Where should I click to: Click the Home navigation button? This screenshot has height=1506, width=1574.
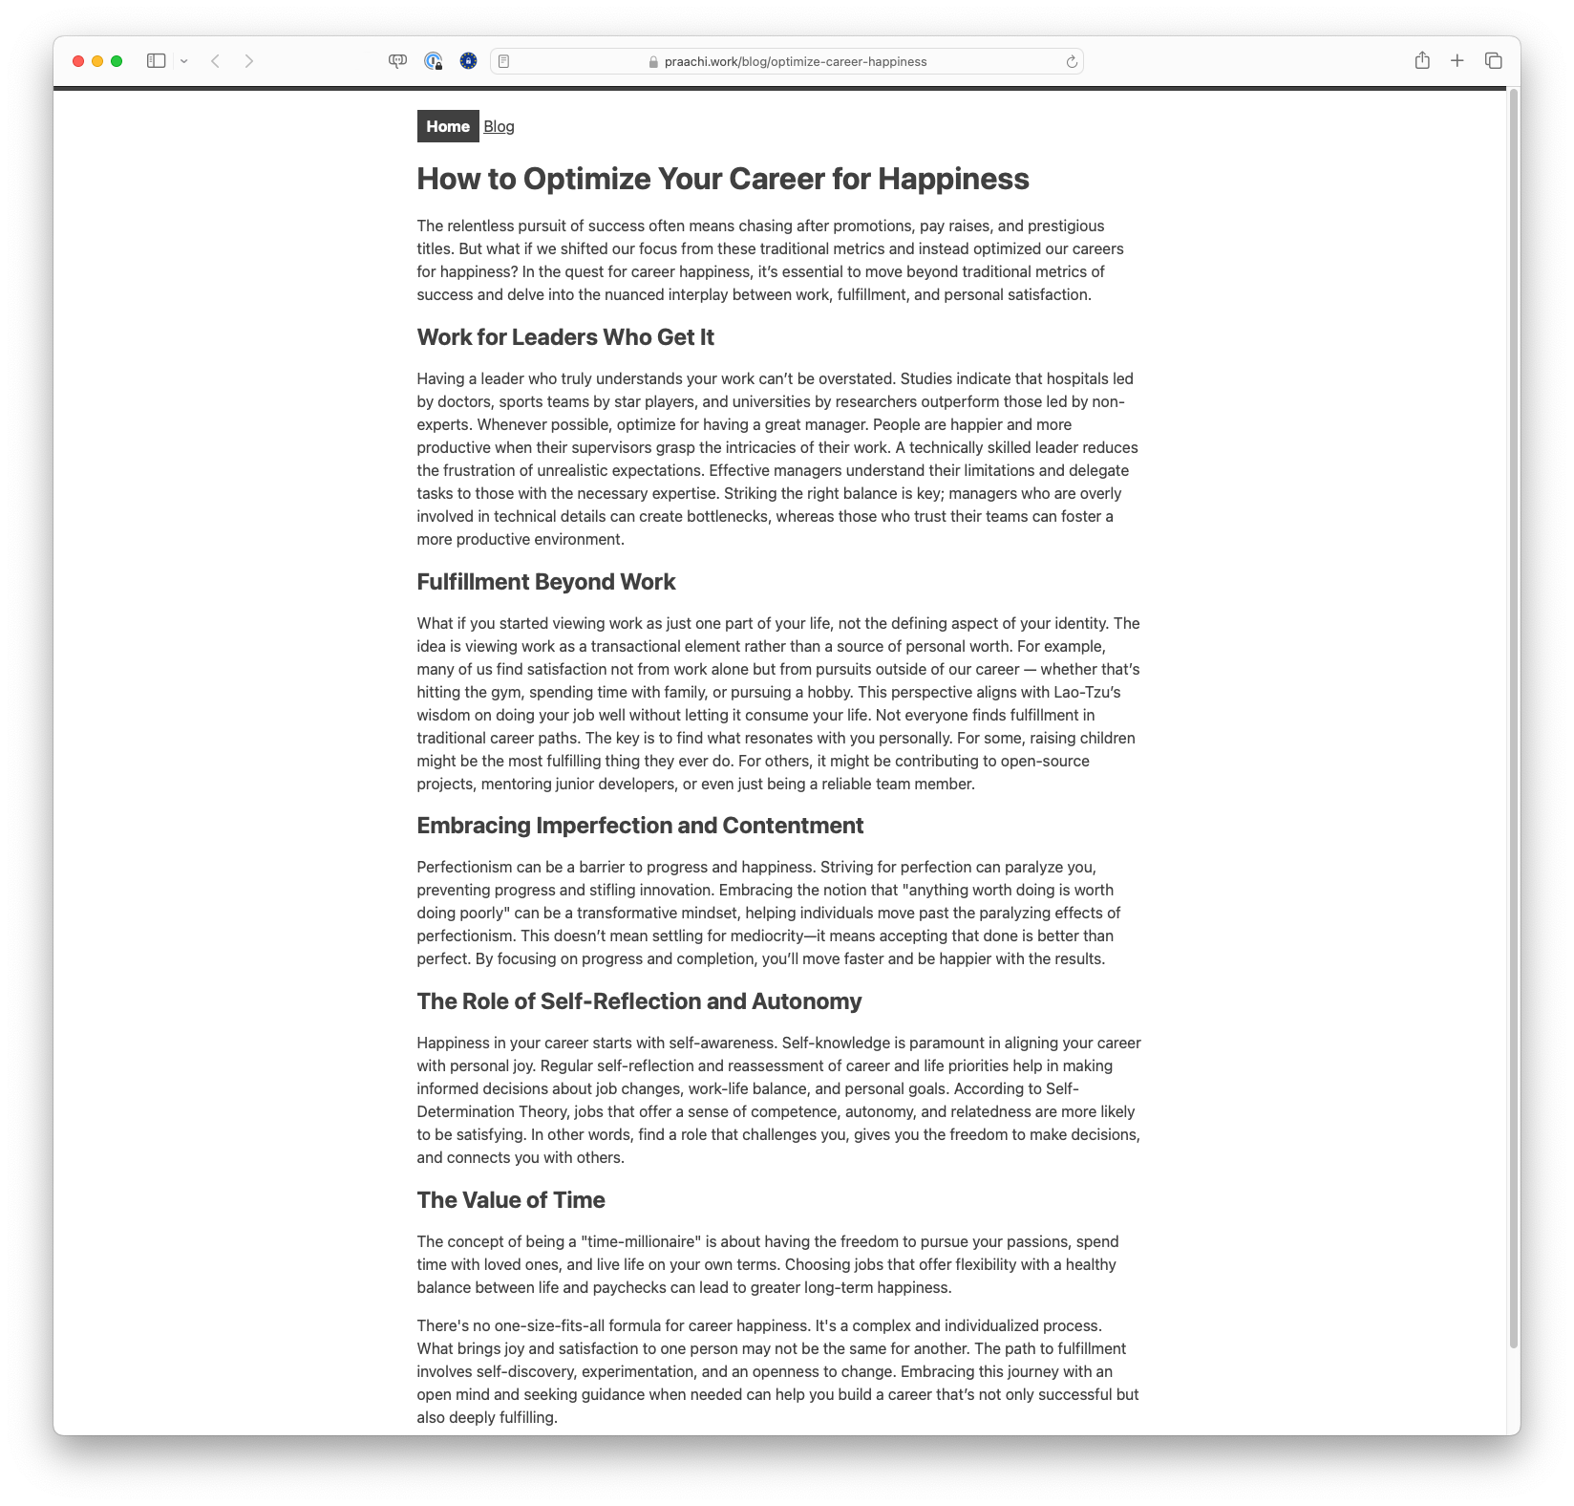coord(448,126)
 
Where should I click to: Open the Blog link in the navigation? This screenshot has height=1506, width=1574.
coord(499,126)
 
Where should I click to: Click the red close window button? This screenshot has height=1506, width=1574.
coord(78,61)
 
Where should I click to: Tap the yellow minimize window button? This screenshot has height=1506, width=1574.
coord(97,61)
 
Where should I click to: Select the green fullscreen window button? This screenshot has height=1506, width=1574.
coord(117,61)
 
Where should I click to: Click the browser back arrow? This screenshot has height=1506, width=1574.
coord(216,61)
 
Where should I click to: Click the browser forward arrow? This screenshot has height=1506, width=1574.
coord(249,61)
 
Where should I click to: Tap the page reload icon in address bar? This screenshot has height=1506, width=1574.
coord(1072,62)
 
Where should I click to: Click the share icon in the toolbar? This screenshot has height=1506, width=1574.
coord(1422,61)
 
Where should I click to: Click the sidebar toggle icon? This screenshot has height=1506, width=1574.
coord(157,61)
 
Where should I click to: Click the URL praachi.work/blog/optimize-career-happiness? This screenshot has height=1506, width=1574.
coord(795,62)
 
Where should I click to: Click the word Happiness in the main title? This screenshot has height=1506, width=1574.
coord(953,179)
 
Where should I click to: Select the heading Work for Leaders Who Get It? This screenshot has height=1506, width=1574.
coord(565,337)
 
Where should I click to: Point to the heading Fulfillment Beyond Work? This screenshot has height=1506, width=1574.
coord(545,582)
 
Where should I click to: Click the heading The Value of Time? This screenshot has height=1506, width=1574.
coord(511,1200)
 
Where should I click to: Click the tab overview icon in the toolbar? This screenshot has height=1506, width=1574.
coord(1494,61)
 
